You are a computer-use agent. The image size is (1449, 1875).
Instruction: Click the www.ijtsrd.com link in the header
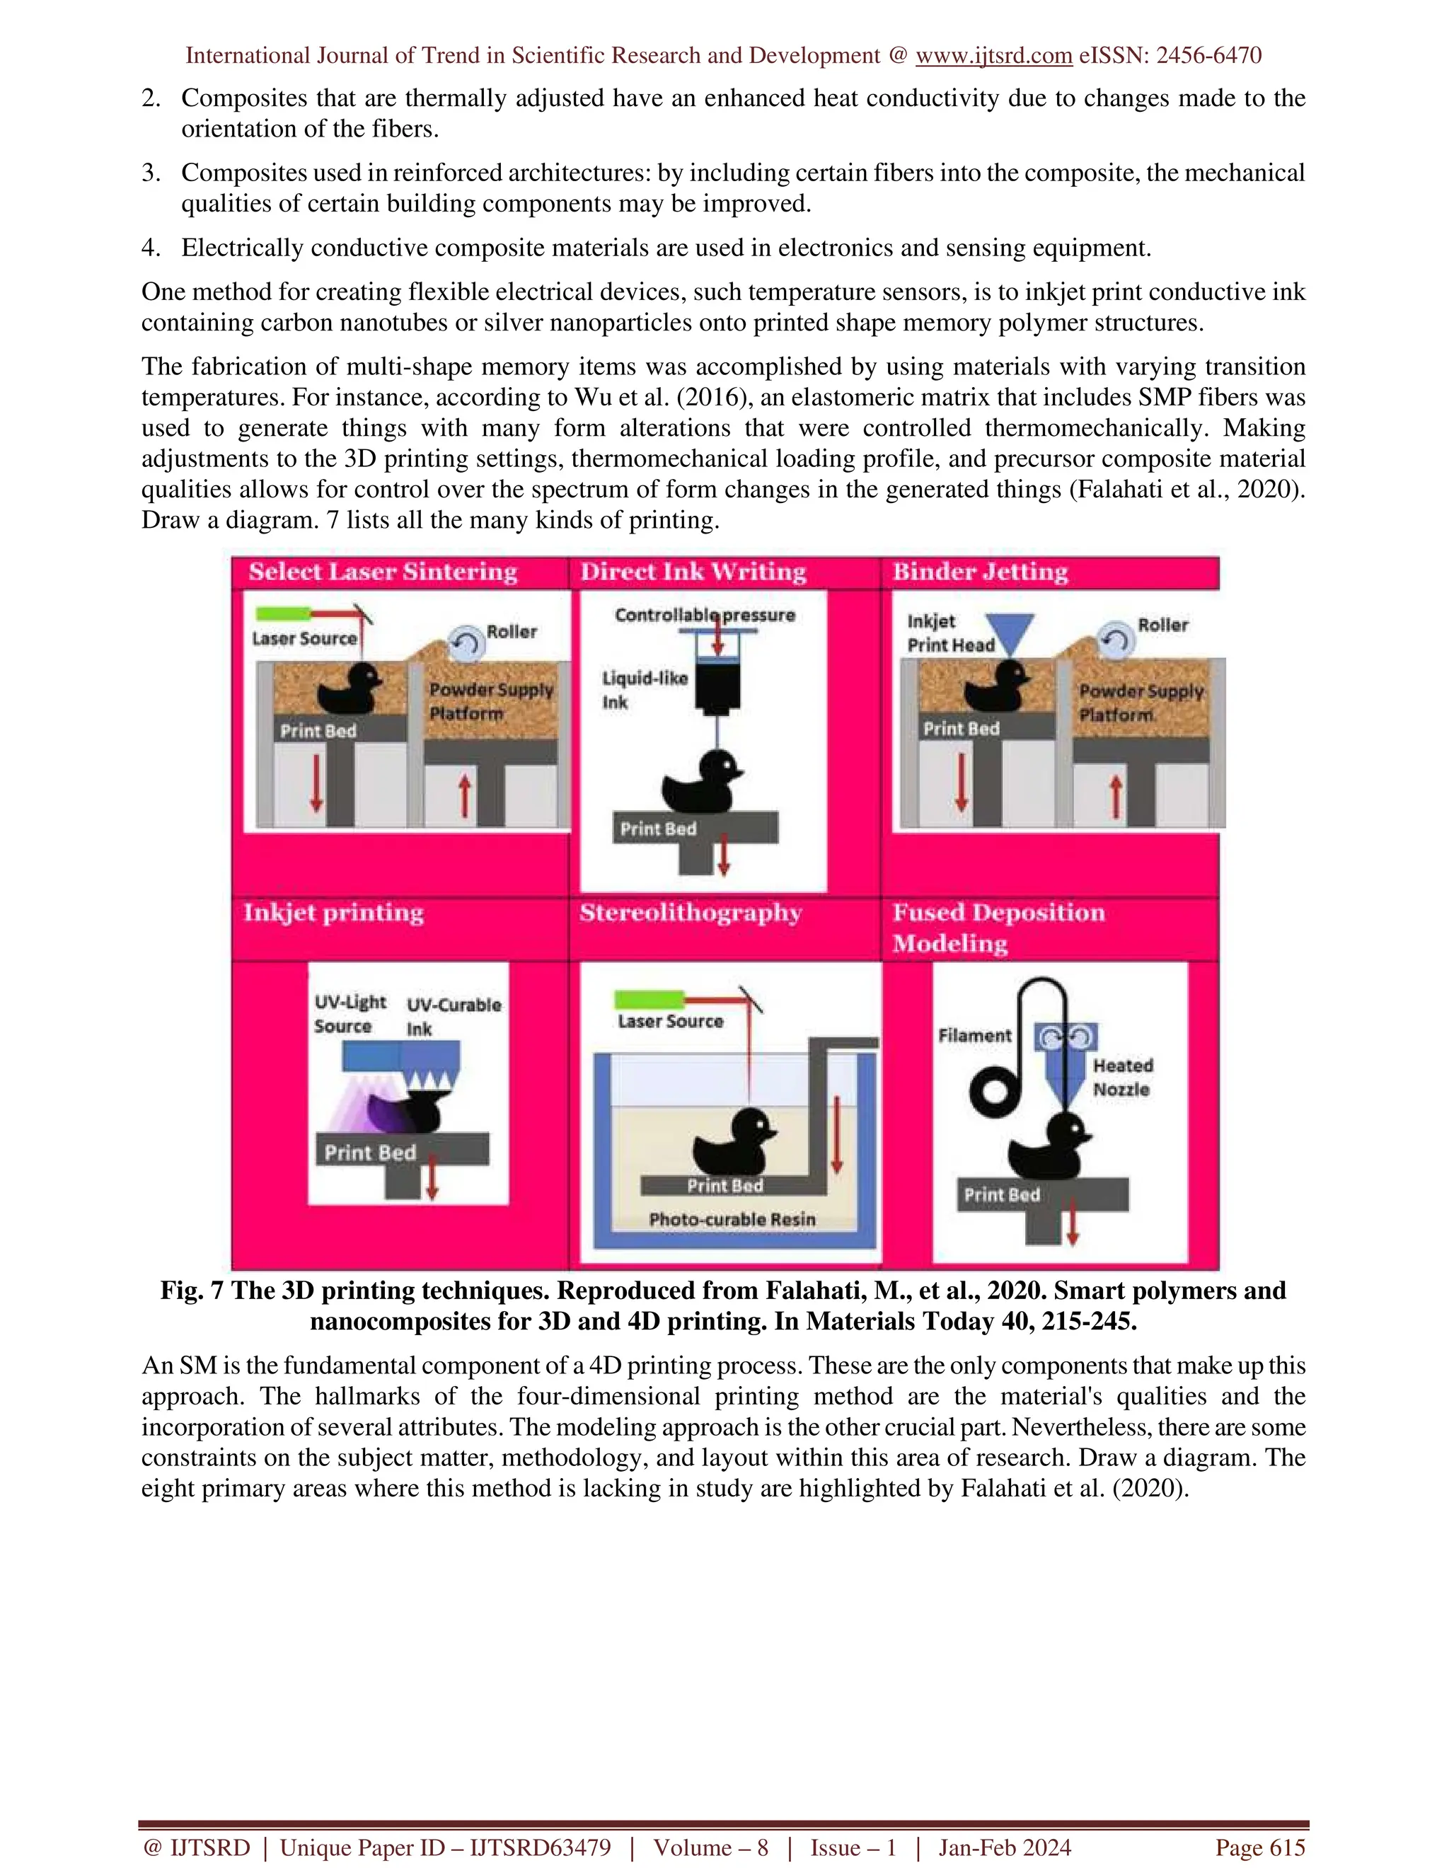click(x=993, y=56)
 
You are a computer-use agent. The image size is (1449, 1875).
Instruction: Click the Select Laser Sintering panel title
click(x=383, y=572)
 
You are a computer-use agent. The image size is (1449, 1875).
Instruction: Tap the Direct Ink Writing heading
click(x=693, y=572)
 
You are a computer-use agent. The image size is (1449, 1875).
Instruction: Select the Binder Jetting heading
click(x=981, y=572)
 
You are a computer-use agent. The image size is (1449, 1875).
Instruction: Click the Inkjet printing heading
click(x=333, y=912)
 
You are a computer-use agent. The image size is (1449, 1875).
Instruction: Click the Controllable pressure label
click(x=705, y=615)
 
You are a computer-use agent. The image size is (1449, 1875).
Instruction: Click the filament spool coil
click(x=995, y=1091)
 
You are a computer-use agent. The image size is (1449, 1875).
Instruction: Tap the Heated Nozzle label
click(x=1122, y=1078)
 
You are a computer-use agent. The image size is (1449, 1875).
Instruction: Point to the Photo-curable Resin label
click(x=732, y=1219)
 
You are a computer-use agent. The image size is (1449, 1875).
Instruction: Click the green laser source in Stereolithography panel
click(x=648, y=999)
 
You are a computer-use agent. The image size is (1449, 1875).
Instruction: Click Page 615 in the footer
click(x=1259, y=1847)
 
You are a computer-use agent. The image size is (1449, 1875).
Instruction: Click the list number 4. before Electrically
click(x=151, y=248)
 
